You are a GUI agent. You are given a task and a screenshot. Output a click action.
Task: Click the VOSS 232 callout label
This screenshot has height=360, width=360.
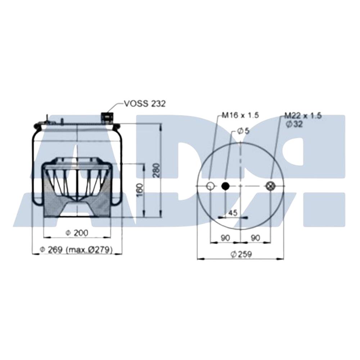click(145, 104)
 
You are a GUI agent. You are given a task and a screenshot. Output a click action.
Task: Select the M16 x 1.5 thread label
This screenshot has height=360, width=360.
click(240, 115)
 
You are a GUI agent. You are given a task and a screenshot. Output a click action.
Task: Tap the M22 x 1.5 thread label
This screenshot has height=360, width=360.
click(303, 116)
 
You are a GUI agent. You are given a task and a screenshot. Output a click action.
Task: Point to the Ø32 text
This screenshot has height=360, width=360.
click(294, 124)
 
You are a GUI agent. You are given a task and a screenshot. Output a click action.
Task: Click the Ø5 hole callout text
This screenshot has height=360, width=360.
click(243, 131)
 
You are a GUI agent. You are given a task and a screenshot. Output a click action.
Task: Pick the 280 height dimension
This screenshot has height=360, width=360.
click(157, 170)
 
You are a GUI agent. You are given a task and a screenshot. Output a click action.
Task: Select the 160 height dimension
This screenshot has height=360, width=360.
click(140, 190)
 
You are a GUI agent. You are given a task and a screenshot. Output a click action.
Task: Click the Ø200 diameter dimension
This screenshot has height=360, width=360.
click(77, 233)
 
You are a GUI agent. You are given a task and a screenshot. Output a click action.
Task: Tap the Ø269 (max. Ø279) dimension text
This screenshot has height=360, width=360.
click(76, 249)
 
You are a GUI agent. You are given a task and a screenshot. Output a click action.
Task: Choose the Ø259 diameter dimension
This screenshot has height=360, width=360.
click(242, 254)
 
